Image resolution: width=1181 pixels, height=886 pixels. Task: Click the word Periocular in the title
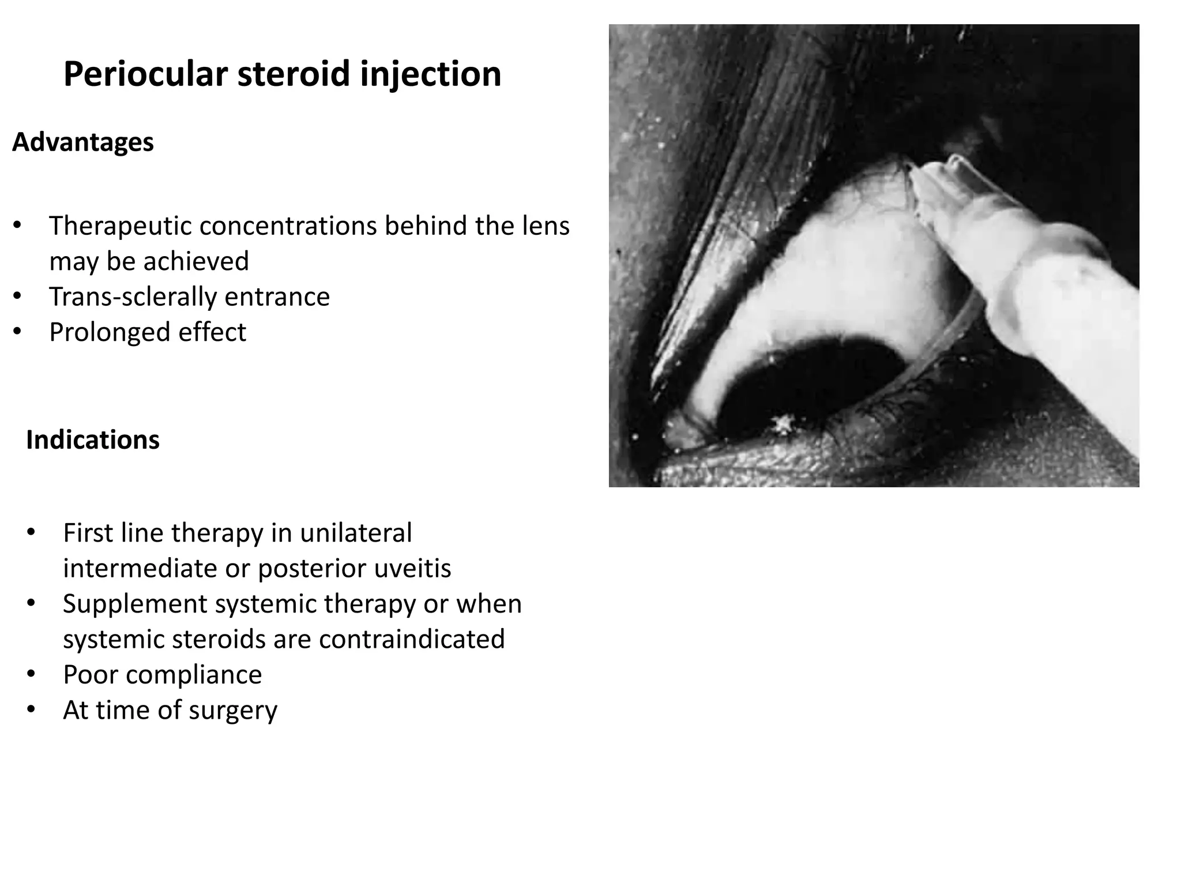coord(145,74)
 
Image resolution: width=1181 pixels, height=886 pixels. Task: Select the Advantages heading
coord(83,142)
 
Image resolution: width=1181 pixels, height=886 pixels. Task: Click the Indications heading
coord(93,440)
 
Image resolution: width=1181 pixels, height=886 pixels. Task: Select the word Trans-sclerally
coord(132,296)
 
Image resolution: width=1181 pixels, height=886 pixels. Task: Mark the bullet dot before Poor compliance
coord(31,674)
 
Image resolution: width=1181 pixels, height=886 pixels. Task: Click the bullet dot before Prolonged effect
coord(17,331)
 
